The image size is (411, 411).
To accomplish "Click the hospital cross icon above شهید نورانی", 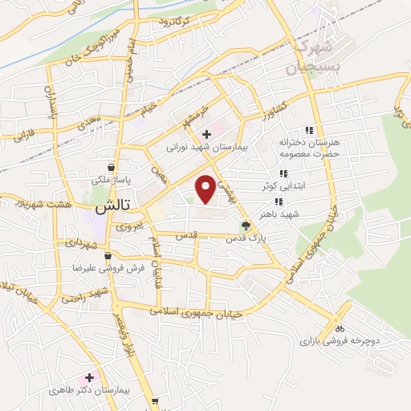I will tap(207, 134).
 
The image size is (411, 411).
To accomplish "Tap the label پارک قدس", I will tap(245, 238).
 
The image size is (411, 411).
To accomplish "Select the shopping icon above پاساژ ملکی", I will tap(120, 157).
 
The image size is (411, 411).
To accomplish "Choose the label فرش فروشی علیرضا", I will tap(107, 268).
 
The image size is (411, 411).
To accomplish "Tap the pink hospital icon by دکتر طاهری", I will tap(89, 376).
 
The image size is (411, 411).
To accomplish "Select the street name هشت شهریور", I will tap(41, 205).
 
